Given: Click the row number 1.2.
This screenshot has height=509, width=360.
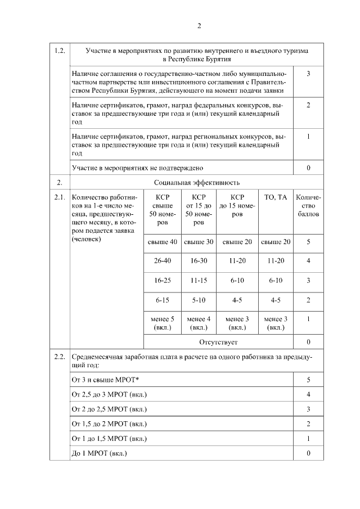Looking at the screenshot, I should coord(59,51).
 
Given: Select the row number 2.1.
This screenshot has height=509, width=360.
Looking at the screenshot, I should coord(59,197).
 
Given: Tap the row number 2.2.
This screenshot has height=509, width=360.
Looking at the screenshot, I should coord(59,357).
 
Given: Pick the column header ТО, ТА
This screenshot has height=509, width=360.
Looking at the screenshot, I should coord(276,197).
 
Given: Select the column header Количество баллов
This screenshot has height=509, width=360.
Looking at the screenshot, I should coord(308,206).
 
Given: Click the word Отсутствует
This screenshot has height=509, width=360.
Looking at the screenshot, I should coord(219,341).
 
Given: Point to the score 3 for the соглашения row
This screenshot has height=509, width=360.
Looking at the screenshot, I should coord(308,74).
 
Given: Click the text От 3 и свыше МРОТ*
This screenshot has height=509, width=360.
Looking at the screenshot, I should coord(105,380).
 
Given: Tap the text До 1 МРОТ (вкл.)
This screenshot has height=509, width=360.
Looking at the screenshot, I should coord(100,453).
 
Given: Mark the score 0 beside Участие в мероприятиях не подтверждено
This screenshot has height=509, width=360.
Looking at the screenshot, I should coord(308,168).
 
